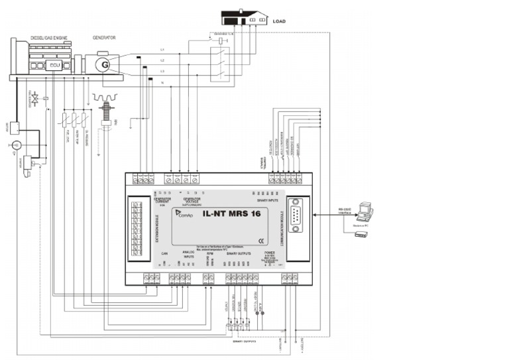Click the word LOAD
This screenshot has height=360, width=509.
click(x=280, y=21)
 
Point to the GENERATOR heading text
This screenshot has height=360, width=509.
click(x=104, y=38)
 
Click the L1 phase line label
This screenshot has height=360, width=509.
click(x=162, y=50)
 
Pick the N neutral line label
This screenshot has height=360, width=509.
click(x=162, y=83)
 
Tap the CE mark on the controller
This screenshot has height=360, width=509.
click(x=262, y=241)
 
